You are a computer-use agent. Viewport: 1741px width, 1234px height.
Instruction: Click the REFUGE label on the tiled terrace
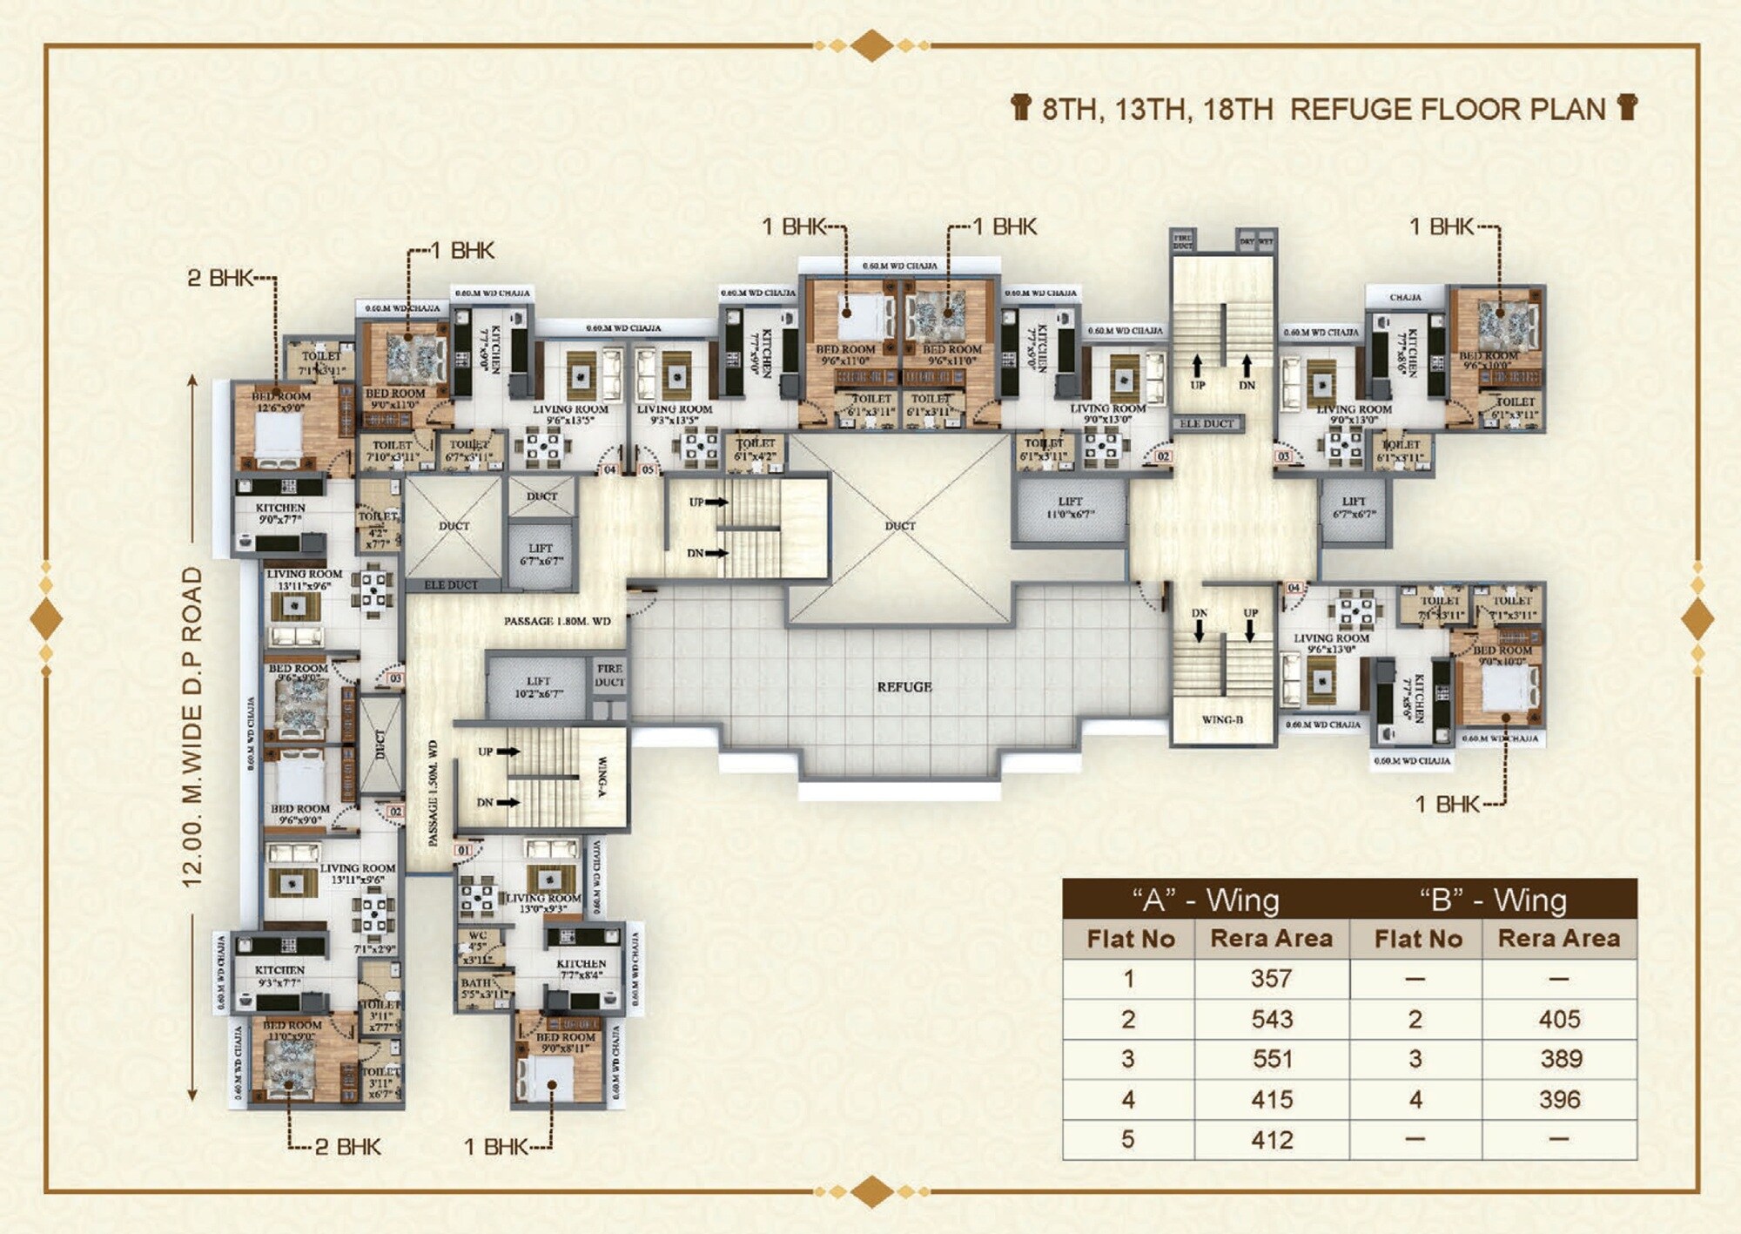pyautogui.click(x=904, y=687)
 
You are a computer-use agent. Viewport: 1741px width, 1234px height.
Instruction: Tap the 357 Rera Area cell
pyautogui.click(x=1271, y=979)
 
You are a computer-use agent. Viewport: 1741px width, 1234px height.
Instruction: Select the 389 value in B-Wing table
pyautogui.click(x=1559, y=1059)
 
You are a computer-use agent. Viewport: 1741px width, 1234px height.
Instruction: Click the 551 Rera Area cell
pyautogui.click(x=1271, y=1059)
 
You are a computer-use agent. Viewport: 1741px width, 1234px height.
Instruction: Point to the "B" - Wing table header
pyautogui.click(x=1493, y=900)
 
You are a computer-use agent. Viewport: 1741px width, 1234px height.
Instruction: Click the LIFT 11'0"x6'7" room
pyautogui.click(x=1070, y=509)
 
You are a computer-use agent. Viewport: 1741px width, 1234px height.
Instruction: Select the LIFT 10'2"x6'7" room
pyautogui.click(x=539, y=687)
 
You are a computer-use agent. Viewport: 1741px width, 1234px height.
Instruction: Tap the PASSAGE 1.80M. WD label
pyautogui.click(x=557, y=621)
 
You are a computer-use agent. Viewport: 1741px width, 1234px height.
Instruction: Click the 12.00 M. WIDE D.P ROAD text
pyautogui.click(x=192, y=727)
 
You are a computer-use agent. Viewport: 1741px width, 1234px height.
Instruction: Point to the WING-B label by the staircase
pyautogui.click(x=1222, y=720)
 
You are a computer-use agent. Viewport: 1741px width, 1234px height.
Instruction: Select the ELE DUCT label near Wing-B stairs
pyautogui.click(x=1207, y=424)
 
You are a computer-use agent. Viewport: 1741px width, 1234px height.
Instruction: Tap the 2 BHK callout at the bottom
pyautogui.click(x=346, y=1146)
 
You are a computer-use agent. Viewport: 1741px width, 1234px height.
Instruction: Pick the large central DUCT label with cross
pyautogui.click(x=900, y=526)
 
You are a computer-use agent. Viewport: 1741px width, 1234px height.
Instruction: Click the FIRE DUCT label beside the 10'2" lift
pyautogui.click(x=609, y=676)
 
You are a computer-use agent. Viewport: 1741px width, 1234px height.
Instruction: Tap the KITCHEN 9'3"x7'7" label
pyautogui.click(x=279, y=976)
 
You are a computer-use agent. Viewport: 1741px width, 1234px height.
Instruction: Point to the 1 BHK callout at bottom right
pyautogui.click(x=1446, y=804)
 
